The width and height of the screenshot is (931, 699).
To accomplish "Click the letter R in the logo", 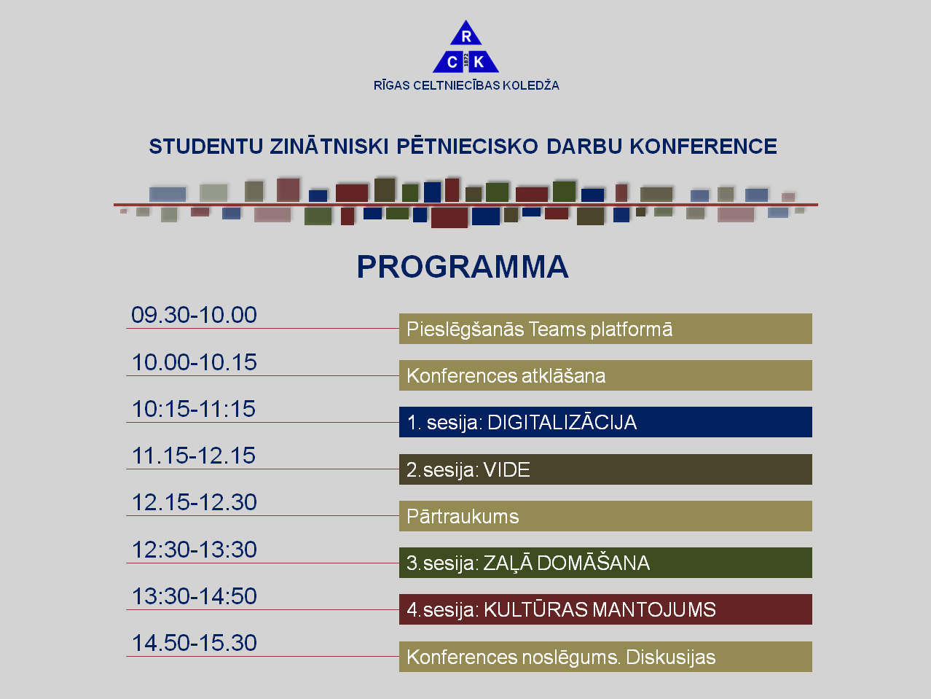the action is point(466,36).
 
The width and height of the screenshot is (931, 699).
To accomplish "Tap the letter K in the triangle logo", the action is point(479,62).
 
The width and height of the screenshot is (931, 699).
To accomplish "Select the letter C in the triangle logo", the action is point(452,63).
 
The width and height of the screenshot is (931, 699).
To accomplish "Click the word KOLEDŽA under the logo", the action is point(530,85).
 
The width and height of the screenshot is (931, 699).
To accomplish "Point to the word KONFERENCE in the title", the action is point(703,147).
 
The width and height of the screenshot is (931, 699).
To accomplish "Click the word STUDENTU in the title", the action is point(206,147).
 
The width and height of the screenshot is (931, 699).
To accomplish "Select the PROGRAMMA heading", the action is point(463,267).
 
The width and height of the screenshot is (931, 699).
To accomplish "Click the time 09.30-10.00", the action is point(194,315).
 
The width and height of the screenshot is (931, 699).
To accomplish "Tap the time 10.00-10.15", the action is point(194,362).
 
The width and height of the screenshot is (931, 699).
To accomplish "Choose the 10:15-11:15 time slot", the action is point(193,409).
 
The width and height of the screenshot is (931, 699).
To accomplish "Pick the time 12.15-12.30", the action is point(194,502).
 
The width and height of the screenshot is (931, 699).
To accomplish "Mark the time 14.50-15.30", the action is point(194,643).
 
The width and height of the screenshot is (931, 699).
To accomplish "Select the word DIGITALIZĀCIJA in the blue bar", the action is point(562,422).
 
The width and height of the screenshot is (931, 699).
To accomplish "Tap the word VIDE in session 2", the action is point(507,470).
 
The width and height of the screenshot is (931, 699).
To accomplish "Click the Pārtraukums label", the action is point(463,516).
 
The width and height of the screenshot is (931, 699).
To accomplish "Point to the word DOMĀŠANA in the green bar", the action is point(594,563).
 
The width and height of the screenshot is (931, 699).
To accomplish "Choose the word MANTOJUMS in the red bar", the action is point(654,609).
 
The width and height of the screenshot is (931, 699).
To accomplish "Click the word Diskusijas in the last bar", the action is point(671,657).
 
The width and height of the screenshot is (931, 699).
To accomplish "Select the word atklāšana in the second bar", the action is point(563,376).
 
